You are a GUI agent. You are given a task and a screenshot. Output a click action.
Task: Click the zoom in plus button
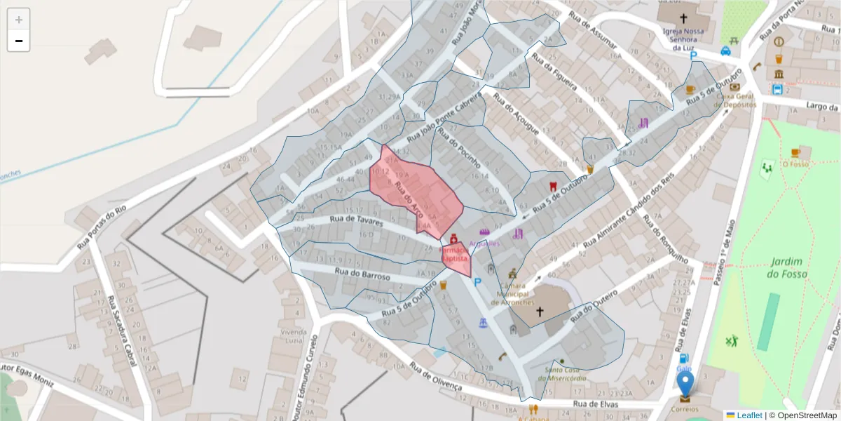point(18,20)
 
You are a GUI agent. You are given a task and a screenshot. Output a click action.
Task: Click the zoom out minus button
point(18,41)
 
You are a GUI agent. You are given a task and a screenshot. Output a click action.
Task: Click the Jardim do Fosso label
point(788,267)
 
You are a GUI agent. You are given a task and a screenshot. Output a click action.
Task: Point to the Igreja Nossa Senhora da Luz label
point(683,39)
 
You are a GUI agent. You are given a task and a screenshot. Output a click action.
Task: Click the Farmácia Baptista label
point(454,254)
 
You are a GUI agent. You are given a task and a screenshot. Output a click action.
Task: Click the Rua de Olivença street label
point(436,377)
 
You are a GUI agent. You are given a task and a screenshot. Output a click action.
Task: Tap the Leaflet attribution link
point(748,415)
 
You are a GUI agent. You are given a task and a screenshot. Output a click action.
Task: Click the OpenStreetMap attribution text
point(802,415)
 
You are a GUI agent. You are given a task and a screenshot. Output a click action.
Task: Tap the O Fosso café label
point(795,164)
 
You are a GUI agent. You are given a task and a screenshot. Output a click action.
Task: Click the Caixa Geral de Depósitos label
point(735,100)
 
